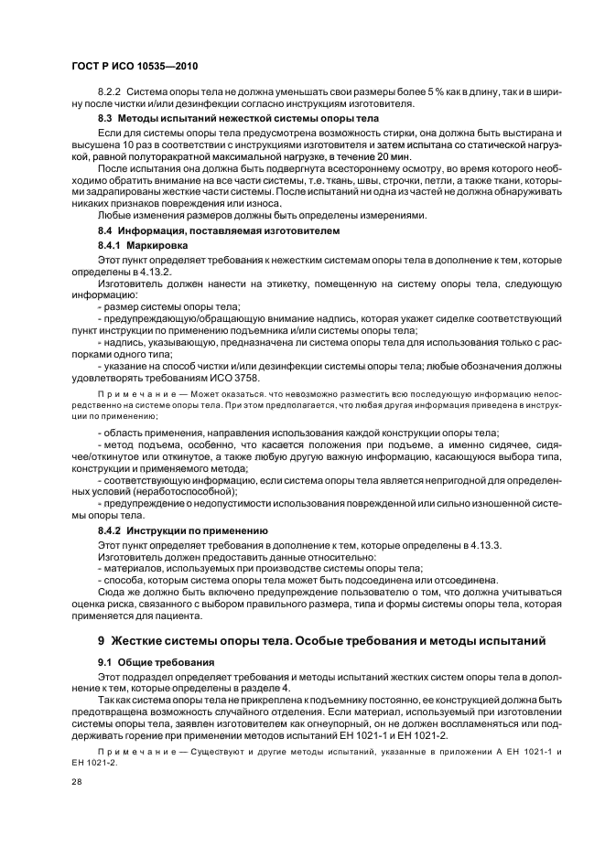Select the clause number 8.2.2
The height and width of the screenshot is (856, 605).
110,92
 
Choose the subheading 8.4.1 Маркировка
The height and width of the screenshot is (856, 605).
143,247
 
